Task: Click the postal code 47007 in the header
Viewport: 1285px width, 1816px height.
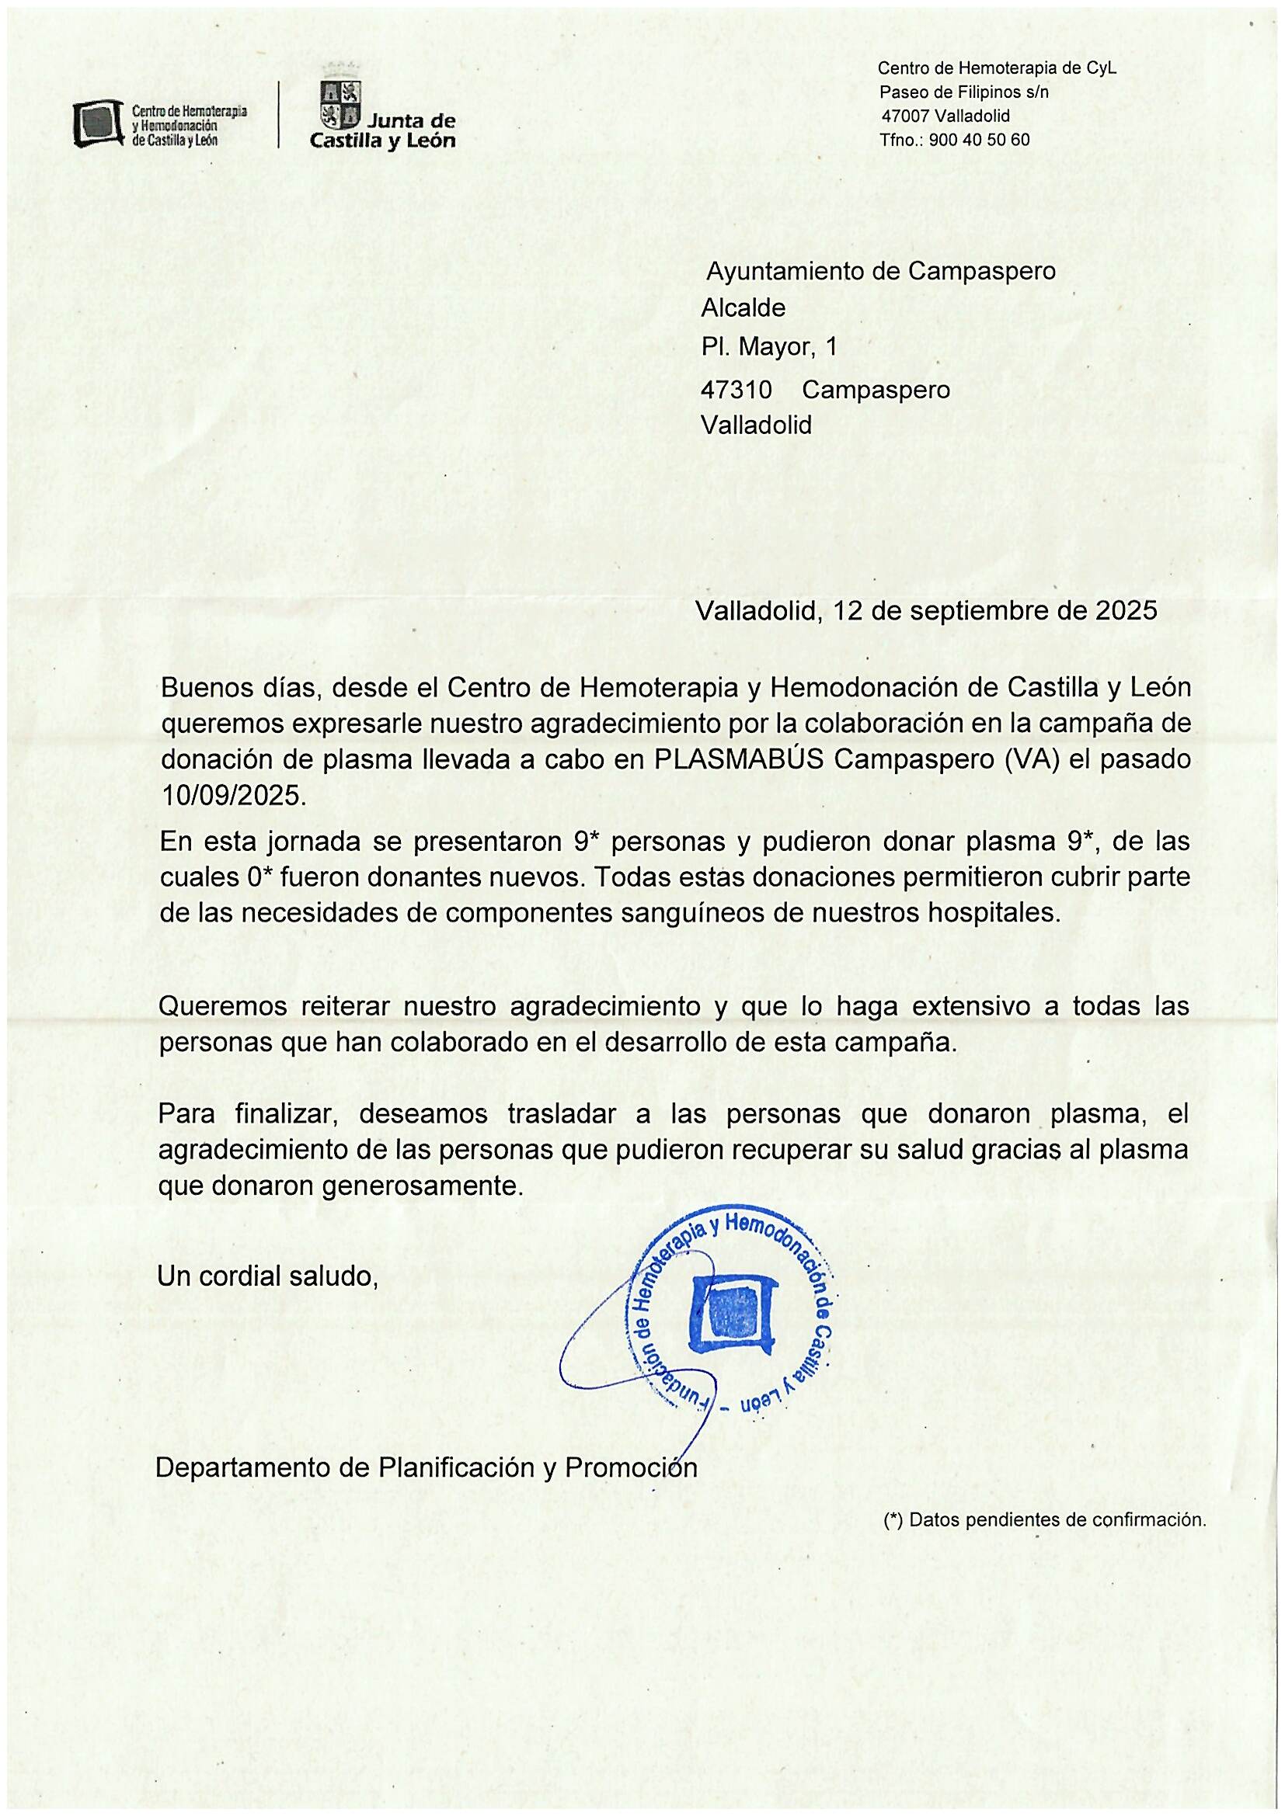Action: [x=904, y=116]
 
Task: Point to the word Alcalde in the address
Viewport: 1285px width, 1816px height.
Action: [x=742, y=307]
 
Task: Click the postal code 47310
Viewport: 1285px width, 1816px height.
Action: [x=736, y=390]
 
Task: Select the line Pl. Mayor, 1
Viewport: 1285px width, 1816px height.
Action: [x=768, y=347]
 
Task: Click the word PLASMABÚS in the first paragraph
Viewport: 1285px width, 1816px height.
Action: [x=740, y=759]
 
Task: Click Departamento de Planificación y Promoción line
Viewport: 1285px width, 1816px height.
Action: [x=426, y=1468]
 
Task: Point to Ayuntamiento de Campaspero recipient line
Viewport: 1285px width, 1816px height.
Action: [x=880, y=271]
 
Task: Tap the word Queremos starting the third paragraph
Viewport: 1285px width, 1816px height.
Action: [x=218, y=1007]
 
